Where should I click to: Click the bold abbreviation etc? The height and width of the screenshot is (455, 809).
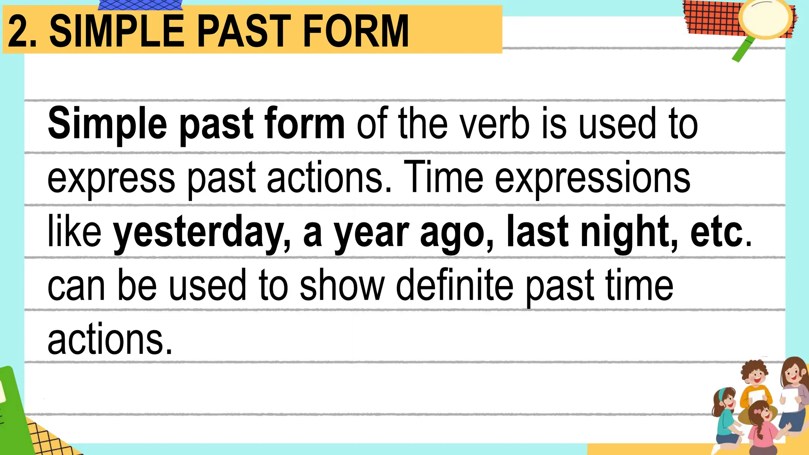tap(717, 233)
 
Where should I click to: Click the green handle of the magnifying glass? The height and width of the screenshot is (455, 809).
tap(743, 50)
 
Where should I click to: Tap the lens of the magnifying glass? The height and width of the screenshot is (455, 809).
tap(764, 18)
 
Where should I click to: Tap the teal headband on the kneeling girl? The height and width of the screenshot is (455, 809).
tap(721, 393)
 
